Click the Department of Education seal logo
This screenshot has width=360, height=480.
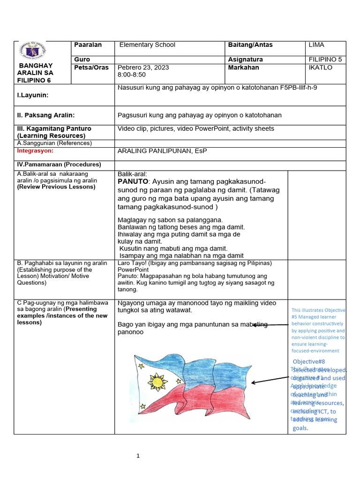33,52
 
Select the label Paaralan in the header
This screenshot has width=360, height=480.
88,45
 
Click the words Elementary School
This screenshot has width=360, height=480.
147,45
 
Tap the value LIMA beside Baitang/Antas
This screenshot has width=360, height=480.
317,45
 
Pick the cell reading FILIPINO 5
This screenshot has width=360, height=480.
326,60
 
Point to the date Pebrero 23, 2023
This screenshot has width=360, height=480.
143,67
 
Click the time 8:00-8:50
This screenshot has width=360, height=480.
132,75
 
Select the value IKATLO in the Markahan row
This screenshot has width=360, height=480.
321,67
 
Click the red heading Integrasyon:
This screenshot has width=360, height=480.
35,151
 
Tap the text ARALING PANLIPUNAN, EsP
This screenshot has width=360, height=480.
162,151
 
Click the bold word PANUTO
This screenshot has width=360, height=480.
133,181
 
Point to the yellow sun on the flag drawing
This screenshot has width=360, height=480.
157,382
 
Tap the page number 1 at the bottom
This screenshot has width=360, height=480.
138,456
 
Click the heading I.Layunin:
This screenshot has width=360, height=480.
33,95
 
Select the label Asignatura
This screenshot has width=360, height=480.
245,60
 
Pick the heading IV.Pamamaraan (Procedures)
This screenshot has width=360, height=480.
59,165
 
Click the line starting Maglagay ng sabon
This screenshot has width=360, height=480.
170,220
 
